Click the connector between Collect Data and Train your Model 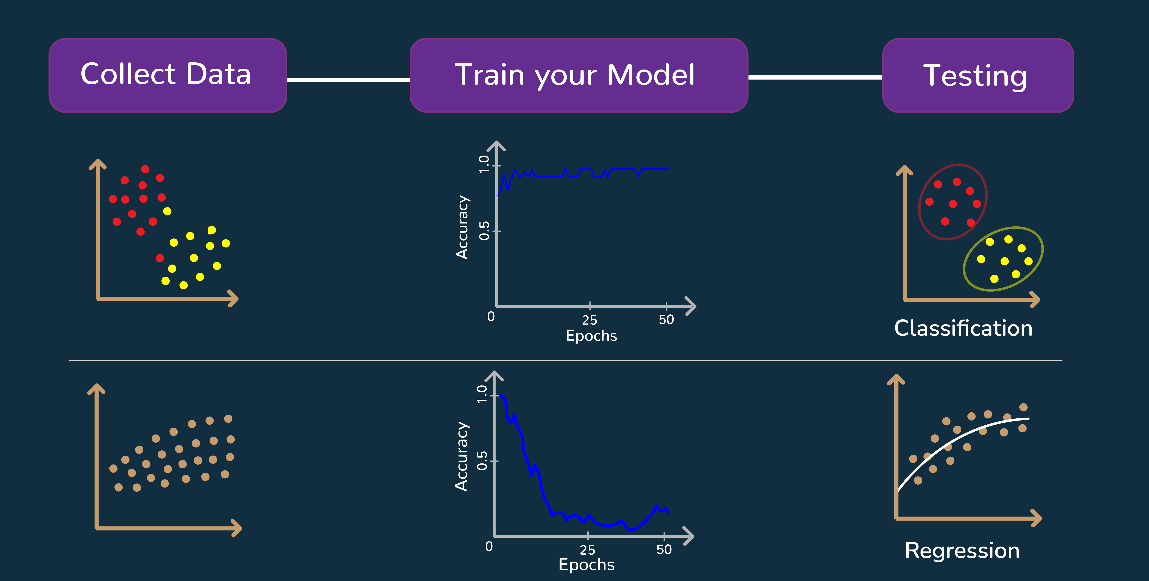(x=348, y=80)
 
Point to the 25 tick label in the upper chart (x=589, y=320)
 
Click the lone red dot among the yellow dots (x=160, y=258)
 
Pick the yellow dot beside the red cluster (x=167, y=211)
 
